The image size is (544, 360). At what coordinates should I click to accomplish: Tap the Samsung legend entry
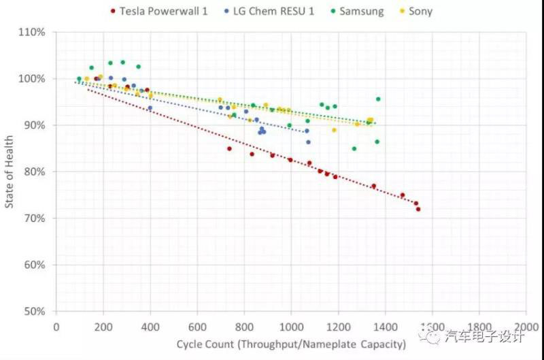coord(362,11)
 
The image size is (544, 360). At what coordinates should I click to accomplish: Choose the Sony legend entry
coord(420,11)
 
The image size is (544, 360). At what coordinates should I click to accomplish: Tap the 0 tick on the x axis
coord(56,326)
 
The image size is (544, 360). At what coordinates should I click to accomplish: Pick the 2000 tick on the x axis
coord(526,326)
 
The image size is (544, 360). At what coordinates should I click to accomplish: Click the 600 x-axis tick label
coord(197,326)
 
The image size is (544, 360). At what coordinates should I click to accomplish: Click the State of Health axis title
coord(10,171)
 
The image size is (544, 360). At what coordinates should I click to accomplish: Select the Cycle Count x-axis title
coord(291,344)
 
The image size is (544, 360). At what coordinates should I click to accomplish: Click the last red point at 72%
coord(418,209)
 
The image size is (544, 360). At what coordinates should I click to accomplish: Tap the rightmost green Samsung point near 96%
coord(378,99)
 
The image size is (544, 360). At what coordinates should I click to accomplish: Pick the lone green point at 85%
coord(354,148)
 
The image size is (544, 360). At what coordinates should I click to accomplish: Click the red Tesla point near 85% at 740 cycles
coord(229,148)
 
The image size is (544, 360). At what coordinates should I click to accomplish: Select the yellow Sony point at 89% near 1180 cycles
coord(334,130)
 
